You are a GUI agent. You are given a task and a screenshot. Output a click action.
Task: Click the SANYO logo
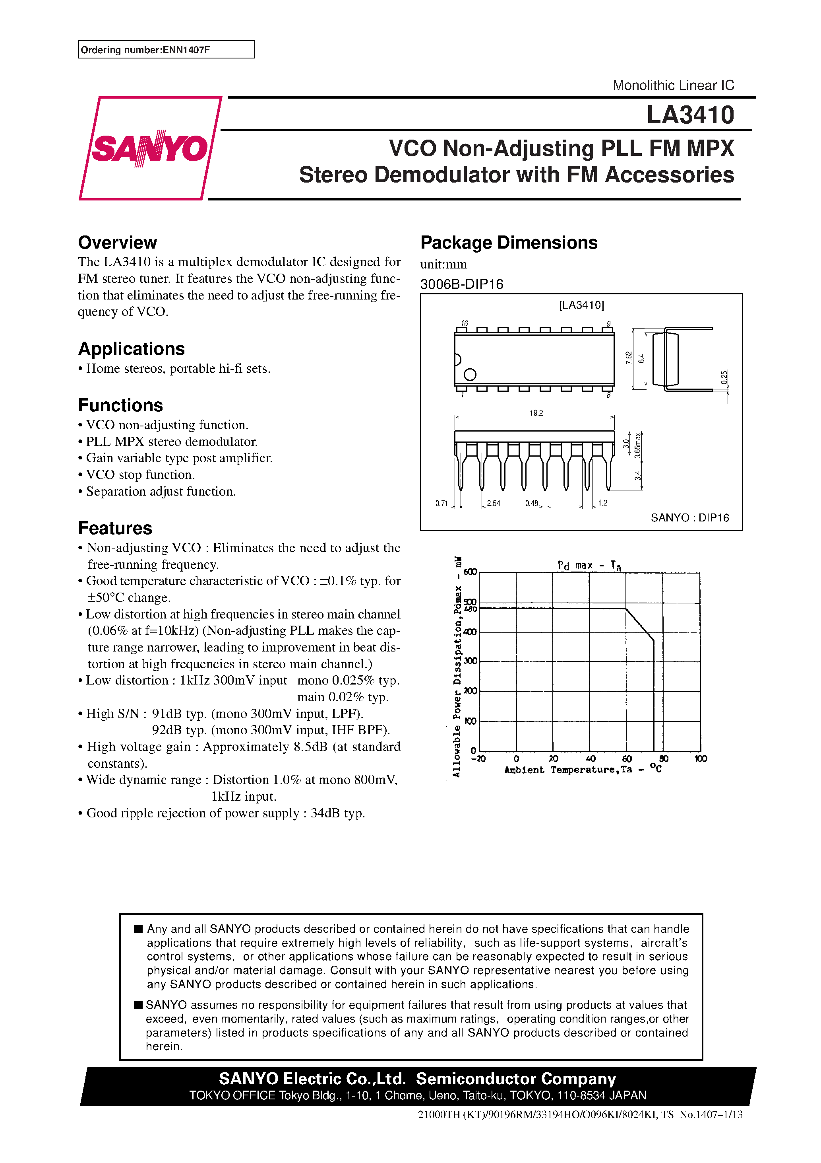(x=150, y=148)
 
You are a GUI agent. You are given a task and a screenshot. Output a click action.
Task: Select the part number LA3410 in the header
(x=690, y=115)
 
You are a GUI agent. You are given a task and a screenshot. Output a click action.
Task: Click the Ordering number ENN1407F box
(x=166, y=50)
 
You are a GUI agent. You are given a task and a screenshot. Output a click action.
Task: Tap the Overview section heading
(x=118, y=243)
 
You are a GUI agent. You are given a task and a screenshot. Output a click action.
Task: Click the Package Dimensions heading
(x=509, y=243)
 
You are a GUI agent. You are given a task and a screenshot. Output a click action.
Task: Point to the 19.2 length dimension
(x=536, y=413)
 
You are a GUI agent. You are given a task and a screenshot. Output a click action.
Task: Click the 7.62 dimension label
(x=629, y=358)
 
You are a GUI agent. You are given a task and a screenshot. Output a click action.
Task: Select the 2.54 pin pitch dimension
(x=493, y=503)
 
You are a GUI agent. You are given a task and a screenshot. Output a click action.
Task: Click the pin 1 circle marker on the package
(x=470, y=375)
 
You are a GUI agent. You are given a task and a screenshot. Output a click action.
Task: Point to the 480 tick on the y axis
(x=471, y=609)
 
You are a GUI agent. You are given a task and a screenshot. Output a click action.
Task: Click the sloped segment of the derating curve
(x=640, y=624)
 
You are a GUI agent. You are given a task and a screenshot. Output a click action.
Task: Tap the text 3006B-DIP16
(x=462, y=284)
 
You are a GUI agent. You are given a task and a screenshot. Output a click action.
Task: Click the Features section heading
(x=115, y=528)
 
